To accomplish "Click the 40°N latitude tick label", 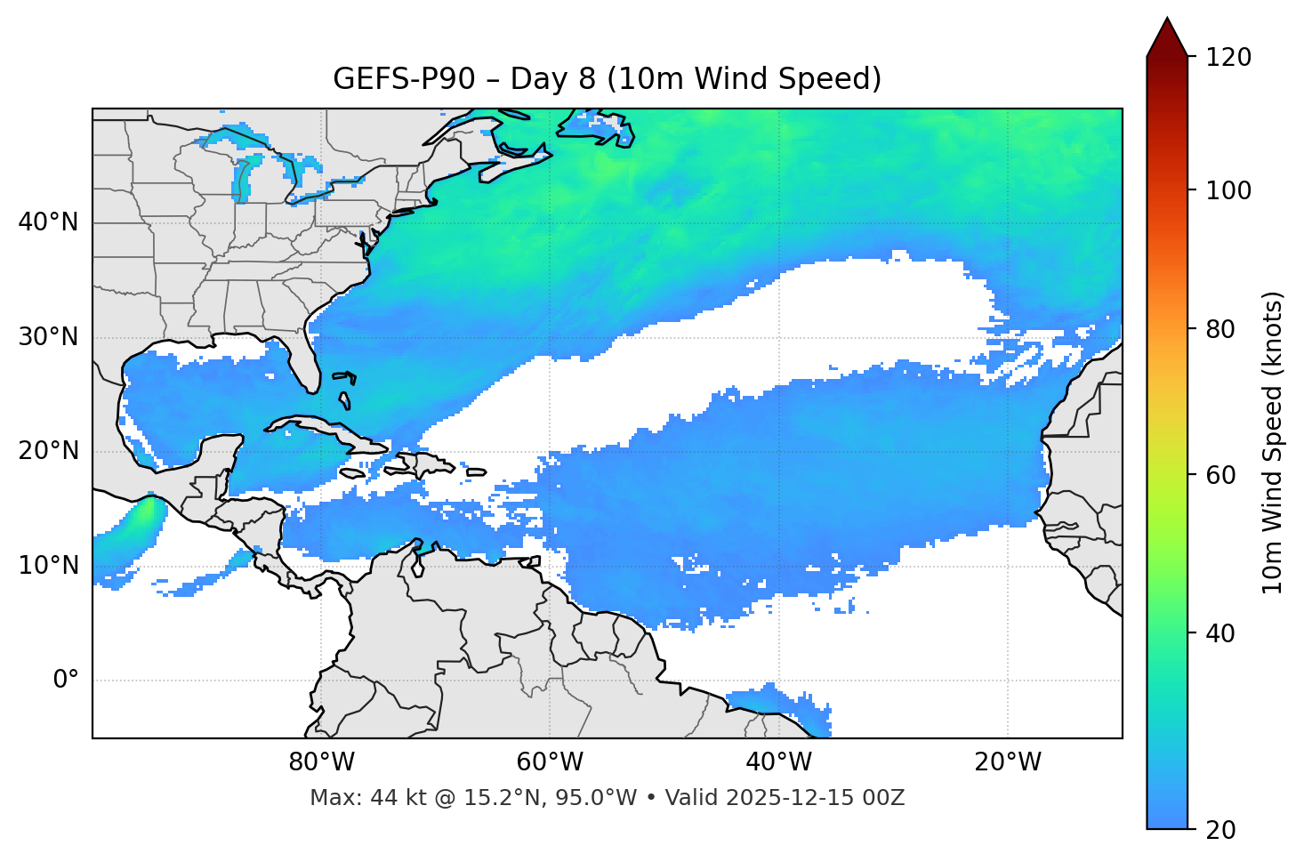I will [48, 222].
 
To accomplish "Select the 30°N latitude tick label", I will [48, 337].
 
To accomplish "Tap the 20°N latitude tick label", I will [48, 451].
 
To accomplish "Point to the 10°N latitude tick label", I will [48, 566].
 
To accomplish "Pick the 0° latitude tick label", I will [65, 681].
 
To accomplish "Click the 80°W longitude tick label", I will [321, 762].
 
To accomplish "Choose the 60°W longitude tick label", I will [550, 762].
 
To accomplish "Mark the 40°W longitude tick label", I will [778, 762].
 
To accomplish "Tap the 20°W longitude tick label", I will [1008, 762].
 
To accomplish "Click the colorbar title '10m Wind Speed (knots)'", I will [1274, 442].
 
